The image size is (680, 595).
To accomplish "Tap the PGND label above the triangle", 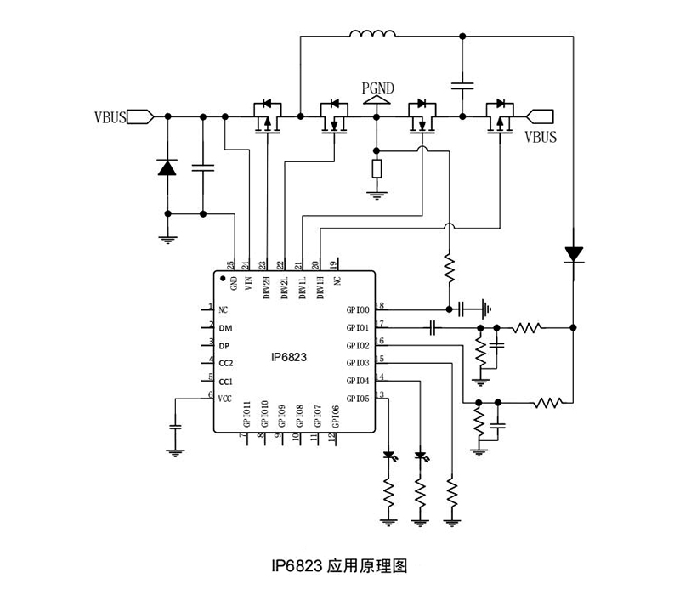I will point(377,87).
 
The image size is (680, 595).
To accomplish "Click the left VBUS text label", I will point(110,116).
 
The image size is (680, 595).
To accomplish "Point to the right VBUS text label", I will point(541,136).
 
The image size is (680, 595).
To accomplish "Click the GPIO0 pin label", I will point(357,310).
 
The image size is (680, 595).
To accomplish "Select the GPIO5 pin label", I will point(357,399).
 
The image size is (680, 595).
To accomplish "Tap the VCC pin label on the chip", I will point(225,399).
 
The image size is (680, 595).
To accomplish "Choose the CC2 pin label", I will point(225,364).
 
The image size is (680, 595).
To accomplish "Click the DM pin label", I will point(224,328).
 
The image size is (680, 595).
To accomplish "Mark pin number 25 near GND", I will point(231,265).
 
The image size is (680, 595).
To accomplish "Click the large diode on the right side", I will point(574,253).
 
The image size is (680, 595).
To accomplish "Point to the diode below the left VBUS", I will point(167,167).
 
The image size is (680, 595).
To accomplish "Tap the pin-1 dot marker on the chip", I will point(223,279).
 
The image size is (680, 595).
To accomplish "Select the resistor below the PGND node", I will point(377,167).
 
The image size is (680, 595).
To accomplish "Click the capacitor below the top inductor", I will point(462,85).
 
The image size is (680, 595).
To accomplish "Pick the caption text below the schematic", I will point(340,565).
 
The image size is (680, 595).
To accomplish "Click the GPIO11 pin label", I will point(246,414).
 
